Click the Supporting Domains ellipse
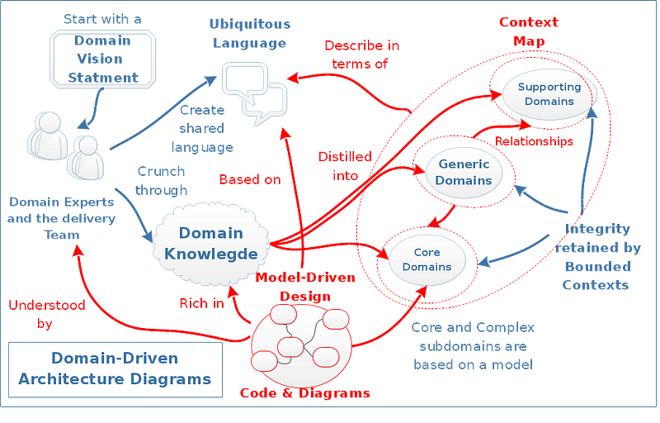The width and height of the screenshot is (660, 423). point(549,94)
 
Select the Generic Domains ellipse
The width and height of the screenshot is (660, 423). point(464,172)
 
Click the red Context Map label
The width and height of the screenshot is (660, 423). point(527,31)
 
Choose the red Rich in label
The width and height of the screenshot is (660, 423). point(200,304)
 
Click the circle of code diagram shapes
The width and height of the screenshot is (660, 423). point(303,340)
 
